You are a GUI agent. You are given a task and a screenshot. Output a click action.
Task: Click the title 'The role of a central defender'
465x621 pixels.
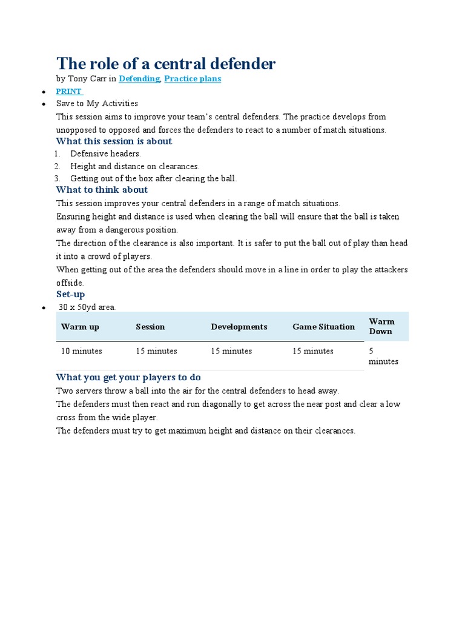pos(166,63)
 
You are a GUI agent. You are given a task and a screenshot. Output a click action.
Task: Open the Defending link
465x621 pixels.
pos(139,79)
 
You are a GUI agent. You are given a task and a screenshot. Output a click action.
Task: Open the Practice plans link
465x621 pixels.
pos(193,79)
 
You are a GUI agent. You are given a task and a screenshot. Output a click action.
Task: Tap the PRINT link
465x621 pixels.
pos(69,92)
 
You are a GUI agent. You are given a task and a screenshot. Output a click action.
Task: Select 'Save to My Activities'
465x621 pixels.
pos(97,104)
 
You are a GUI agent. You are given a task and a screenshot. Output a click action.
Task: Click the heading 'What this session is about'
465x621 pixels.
pos(114,141)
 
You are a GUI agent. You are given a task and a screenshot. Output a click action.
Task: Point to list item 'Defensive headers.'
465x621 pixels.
pos(105,154)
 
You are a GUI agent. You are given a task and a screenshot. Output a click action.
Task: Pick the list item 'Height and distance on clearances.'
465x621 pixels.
pos(134,166)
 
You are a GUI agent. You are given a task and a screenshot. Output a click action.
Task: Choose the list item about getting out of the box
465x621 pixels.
pos(153,178)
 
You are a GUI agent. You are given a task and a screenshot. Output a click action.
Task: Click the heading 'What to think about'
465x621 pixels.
pos(102,190)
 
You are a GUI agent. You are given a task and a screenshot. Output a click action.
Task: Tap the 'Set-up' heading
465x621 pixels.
pos(71,294)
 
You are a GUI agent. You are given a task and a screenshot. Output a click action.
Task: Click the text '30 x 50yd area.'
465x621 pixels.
pos(87,307)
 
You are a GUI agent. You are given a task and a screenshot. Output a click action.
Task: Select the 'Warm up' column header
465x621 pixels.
pos(80,327)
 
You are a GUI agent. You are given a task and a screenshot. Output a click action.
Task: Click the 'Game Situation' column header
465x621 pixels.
pos(323,327)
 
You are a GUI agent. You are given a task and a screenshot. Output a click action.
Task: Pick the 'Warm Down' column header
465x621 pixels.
pos(381,326)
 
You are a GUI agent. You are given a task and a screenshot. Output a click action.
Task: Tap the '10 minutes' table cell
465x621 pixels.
pos(82,351)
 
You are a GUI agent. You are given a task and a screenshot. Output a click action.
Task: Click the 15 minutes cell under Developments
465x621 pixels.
pos(231,351)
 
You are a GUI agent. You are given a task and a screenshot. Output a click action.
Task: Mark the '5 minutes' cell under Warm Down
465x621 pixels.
pos(383,356)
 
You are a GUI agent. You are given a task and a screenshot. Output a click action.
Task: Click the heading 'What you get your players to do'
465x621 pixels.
pos(128,377)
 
